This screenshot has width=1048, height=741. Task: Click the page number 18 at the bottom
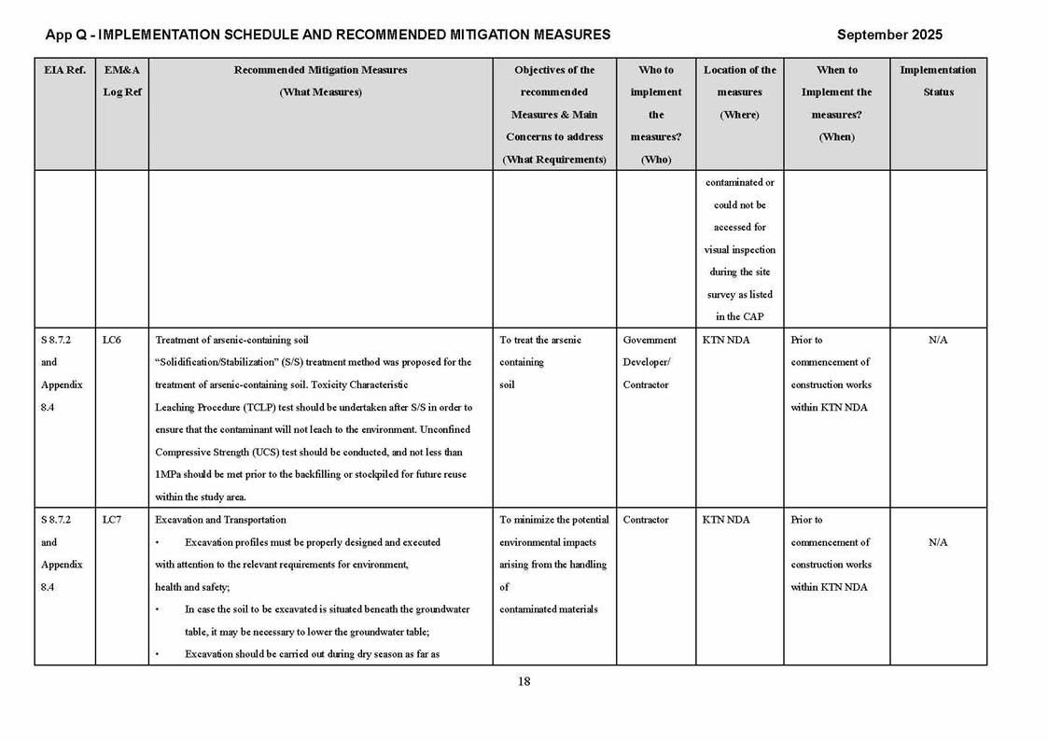point(524,681)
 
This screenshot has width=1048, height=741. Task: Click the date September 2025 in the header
point(888,35)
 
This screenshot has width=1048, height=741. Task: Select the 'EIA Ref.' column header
point(64,70)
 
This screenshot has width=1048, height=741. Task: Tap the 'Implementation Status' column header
point(938,81)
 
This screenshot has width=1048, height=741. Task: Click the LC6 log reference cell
point(111,341)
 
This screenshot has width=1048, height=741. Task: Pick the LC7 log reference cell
point(111,520)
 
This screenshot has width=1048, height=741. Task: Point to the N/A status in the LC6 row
point(938,341)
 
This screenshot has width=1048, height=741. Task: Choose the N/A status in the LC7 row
point(938,542)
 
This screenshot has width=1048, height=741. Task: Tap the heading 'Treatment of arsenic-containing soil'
point(231,341)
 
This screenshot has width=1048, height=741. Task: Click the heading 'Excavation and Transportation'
point(220,520)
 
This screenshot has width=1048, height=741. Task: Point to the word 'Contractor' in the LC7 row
point(645,520)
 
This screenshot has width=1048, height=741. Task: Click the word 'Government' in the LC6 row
point(650,341)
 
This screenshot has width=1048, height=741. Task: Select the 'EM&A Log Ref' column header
point(121,81)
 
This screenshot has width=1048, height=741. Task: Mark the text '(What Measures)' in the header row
point(320,92)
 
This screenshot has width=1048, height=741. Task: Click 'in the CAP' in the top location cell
point(739,317)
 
